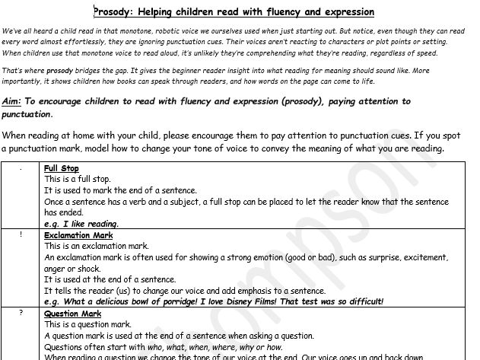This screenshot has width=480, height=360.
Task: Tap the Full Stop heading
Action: [x=62, y=168]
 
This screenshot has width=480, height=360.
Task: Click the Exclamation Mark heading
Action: [x=78, y=236]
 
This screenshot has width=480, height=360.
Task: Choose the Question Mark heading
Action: [x=72, y=314]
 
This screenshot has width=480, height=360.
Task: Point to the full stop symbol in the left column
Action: [x=21, y=169]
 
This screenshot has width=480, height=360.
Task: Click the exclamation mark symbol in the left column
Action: [x=21, y=236]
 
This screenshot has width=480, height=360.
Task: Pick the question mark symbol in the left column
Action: [x=21, y=314]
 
